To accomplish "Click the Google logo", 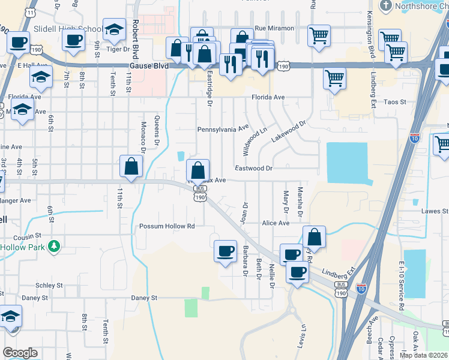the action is click(x=20, y=353).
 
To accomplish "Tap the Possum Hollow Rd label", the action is click(x=167, y=226).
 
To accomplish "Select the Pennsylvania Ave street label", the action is click(x=223, y=128).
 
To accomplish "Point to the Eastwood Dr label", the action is click(x=253, y=169).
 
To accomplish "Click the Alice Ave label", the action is click(x=276, y=223).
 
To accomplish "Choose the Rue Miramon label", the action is click(x=274, y=28).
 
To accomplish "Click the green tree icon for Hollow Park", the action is click(x=54, y=246).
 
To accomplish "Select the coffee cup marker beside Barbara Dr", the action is click(x=226, y=251).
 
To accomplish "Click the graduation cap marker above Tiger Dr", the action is click(x=113, y=29).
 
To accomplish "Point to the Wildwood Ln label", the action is click(x=255, y=139).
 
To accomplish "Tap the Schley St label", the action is click(x=49, y=286).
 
